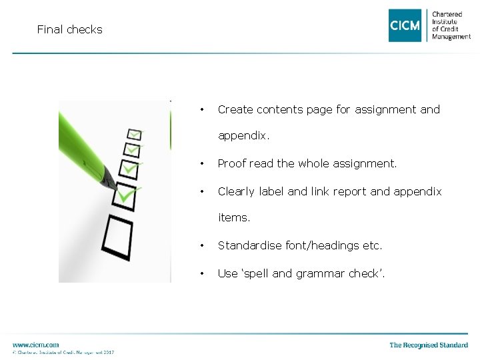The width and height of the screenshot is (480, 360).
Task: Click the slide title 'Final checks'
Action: tap(69, 29)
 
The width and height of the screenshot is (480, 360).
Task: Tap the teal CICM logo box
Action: tap(405, 25)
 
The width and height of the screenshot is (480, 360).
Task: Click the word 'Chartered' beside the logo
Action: tap(447, 14)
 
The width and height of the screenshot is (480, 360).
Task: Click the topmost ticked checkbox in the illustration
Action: tap(134, 135)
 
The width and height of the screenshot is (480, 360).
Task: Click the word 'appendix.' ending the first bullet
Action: tap(244, 135)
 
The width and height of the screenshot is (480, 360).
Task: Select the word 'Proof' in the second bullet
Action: tap(232, 163)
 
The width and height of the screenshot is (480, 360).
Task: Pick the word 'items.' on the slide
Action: tap(235, 217)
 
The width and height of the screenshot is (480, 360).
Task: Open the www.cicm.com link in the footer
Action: tap(35, 344)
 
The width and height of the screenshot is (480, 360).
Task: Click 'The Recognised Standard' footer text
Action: tap(429, 345)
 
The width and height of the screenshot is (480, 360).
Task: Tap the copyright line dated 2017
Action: tap(63, 352)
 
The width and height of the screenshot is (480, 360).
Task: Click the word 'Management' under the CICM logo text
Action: tap(451, 37)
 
